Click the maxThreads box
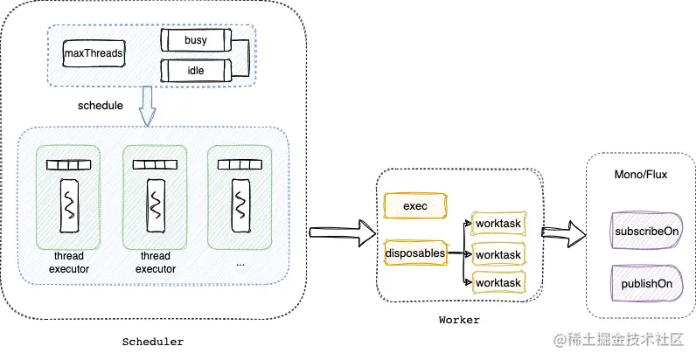[93, 54]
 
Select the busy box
[193, 40]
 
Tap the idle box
[193, 71]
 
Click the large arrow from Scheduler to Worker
[340, 232]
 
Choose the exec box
[414, 206]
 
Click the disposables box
[414, 253]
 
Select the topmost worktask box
[498, 224]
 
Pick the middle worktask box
[498, 254]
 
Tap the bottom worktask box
[498, 283]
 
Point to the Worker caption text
[458, 320]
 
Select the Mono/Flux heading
[641, 175]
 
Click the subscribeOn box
[643, 233]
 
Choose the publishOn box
[643, 283]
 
